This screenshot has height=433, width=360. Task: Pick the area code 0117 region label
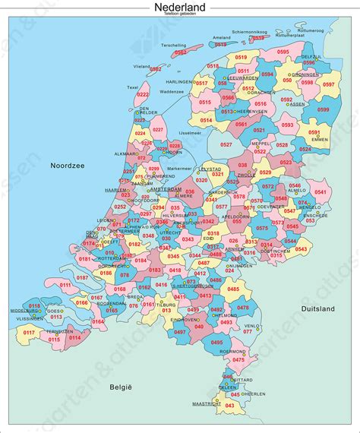point(29,332)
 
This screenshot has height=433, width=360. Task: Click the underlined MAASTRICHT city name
point(205,404)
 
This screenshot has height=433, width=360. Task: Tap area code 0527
point(226,144)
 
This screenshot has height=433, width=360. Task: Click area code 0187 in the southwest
point(82,278)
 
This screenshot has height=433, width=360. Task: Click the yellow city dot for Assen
point(292,104)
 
